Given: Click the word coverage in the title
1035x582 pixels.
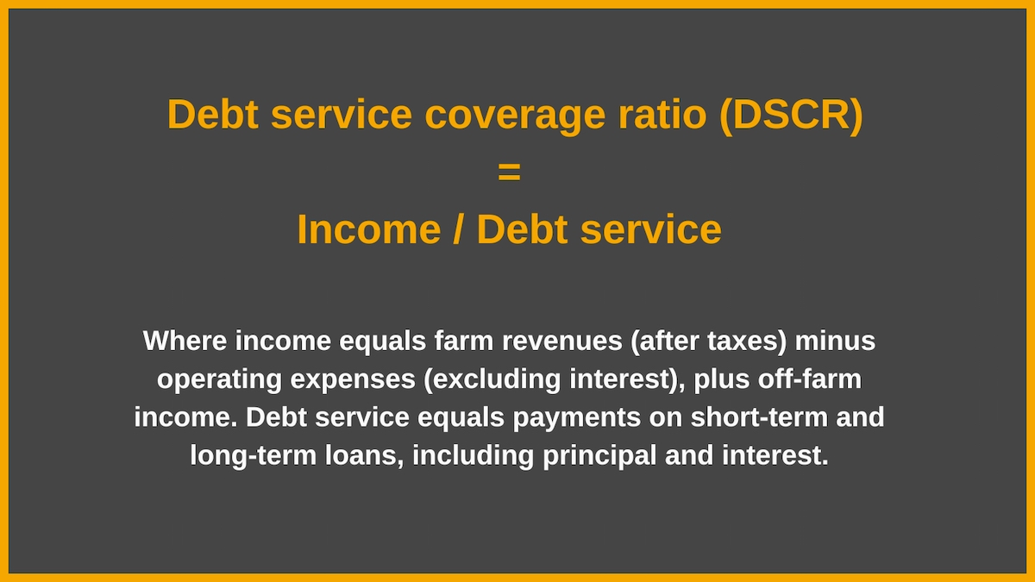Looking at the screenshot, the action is [515, 116].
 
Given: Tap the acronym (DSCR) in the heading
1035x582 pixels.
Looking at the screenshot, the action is [791, 116].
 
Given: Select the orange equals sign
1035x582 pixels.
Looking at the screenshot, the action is [509, 172].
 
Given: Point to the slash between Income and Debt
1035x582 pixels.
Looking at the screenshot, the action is [457, 229].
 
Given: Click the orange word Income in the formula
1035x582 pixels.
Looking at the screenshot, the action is [369, 230].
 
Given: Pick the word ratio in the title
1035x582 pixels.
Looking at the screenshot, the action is [662, 115].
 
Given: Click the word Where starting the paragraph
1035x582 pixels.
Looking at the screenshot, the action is [185, 341].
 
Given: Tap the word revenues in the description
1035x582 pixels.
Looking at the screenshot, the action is [561, 341].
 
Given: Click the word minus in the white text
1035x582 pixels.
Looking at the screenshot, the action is [835, 341].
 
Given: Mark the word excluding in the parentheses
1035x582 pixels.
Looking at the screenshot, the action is [496, 379].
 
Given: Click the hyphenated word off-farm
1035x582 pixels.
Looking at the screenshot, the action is [810, 379].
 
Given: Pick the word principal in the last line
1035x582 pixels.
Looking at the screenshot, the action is [599, 456].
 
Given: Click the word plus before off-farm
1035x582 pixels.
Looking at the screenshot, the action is [721, 379].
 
